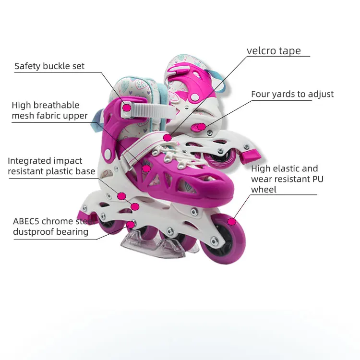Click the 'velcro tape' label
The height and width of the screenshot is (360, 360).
pyautogui.click(x=274, y=51)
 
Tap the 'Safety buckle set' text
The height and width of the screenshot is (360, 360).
pyautogui.click(x=49, y=66)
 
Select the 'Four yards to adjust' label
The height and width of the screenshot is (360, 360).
pyautogui.click(x=292, y=94)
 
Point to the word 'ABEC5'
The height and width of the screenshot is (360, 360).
pyautogui.click(x=26, y=221)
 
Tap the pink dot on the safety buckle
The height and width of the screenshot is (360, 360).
pyautogui.click(x=126, y=108)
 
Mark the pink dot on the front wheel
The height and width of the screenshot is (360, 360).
pyautogui.click(x=232, y=221)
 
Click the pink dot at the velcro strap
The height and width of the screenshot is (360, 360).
pyautogui.click(x=167, y=138)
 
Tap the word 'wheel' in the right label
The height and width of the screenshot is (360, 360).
pyautogui.click(x=264, y=190)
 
